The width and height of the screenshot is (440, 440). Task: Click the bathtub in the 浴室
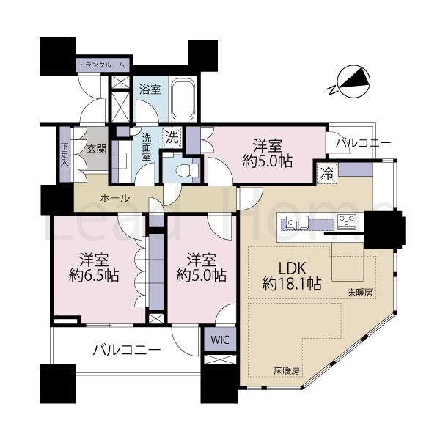pos(183,99)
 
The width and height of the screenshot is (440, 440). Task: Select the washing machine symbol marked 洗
pos(172,138)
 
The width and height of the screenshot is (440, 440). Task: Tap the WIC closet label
pos(220,340)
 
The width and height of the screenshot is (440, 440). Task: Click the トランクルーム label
pos(102,65)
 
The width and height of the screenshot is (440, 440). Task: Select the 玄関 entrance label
pos(96,149)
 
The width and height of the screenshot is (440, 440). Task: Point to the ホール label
pos(115,198)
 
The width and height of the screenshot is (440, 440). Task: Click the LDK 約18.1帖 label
pos(292,276)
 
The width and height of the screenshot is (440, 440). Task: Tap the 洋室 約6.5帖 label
pos(94,267)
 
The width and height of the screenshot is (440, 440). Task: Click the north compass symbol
pos(354,81)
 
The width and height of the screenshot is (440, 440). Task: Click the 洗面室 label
pos(147,147)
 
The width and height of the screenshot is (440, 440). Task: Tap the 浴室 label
pos(150,89)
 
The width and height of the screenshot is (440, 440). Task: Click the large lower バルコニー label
pos(127,351)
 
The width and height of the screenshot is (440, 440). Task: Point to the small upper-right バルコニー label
pos(364,144)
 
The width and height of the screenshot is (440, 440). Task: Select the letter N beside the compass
pos(332,90)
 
